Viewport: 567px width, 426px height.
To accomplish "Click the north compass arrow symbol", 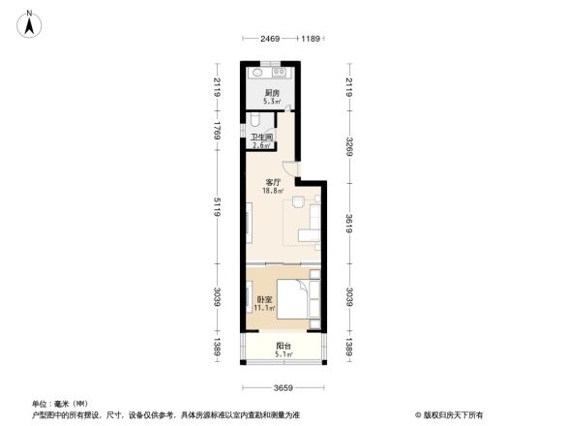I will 31,22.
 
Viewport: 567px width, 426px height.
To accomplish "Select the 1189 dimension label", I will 310,39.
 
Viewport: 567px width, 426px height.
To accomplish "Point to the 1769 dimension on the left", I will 219,130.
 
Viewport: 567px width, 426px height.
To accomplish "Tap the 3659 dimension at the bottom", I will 283,388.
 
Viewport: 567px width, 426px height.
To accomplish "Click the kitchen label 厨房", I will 273,93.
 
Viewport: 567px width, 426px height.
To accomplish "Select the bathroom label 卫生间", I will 261,138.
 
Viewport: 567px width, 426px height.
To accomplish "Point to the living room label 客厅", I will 273,181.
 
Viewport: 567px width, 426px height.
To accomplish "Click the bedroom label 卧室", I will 263,300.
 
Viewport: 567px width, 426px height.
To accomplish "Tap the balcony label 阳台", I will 283,346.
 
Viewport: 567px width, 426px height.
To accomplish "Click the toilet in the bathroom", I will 254,121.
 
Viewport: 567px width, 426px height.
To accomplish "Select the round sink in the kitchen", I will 259,72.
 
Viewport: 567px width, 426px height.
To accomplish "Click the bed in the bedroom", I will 299,299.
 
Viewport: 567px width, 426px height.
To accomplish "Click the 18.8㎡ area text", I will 274,191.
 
